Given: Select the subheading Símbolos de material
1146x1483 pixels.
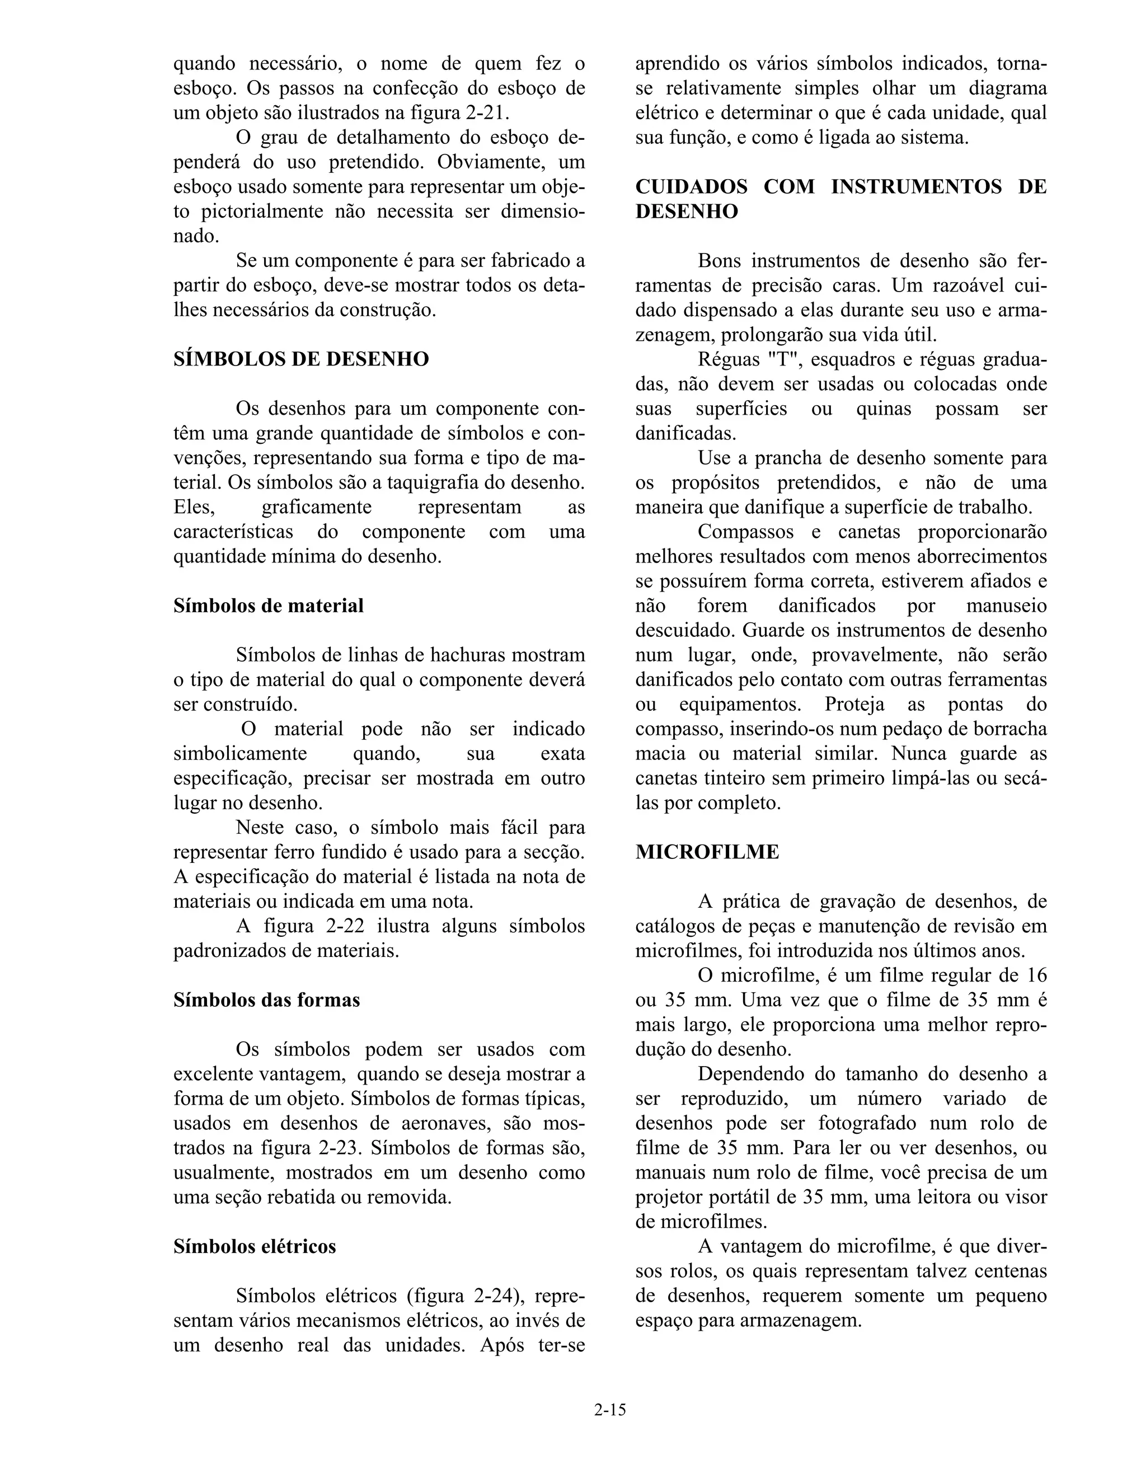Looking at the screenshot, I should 268,606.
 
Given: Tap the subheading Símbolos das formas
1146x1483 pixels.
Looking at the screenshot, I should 266,1000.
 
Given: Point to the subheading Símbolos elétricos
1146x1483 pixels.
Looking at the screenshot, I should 255,1247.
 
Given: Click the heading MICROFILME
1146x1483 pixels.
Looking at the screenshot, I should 707,852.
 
